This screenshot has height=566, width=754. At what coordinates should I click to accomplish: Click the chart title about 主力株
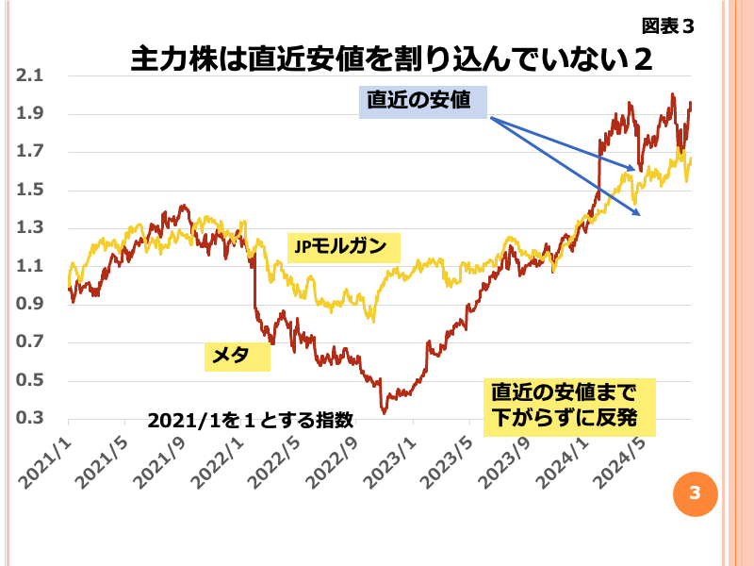pos(391,59)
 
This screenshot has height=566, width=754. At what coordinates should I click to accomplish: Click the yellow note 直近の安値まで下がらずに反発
pos(568,407)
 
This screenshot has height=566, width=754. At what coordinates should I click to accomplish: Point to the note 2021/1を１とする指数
pos(250,420)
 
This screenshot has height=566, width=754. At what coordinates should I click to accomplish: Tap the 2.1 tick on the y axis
pos(30,76)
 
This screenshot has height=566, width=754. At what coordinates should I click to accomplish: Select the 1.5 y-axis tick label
pos(30,191)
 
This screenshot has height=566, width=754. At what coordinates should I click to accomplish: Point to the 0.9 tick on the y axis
pos(30,305)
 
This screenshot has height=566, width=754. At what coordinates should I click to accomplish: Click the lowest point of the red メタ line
pos(384,412)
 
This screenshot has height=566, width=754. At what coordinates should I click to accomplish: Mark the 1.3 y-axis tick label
pos(30,228)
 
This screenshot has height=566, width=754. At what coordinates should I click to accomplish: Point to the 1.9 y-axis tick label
pos(30,114)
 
